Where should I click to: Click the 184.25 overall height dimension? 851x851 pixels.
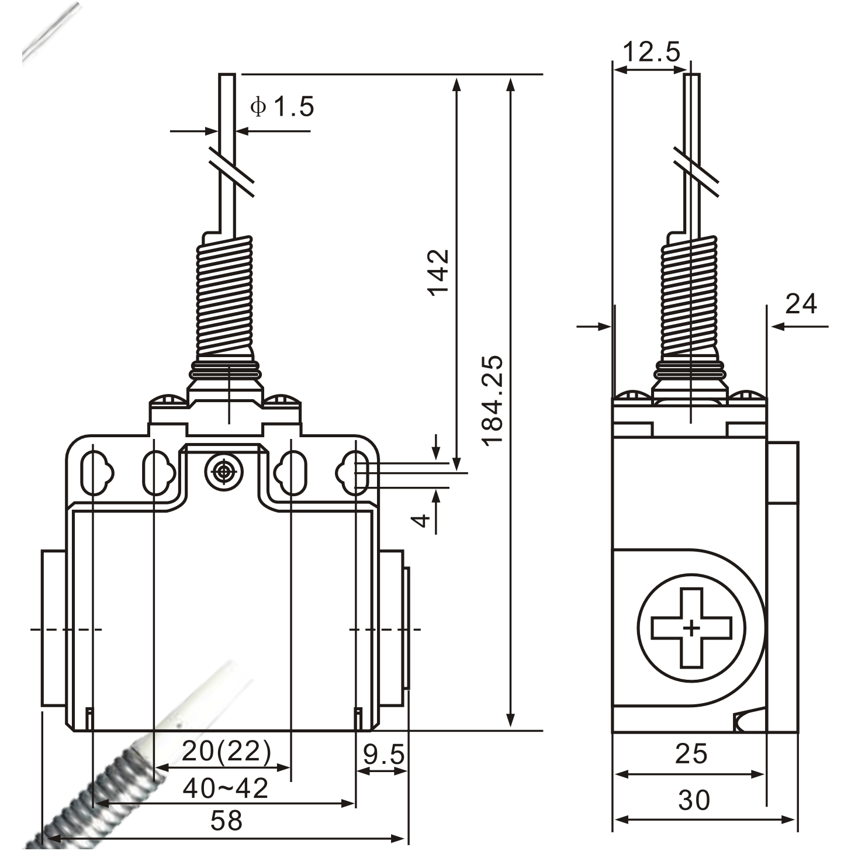(x=492, y=399)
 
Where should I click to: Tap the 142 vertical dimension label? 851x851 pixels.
(x=438, y=272)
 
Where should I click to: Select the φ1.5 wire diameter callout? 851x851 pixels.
(x=282, y=107)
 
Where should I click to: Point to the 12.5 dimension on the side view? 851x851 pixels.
(x=652, y=52)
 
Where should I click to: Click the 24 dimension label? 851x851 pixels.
(x=801, y=304)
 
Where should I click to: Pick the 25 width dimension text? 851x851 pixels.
(x=691, y=754)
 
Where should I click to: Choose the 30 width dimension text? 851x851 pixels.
(x=694, y=800)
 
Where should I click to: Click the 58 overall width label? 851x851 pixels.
(x=226, y=820)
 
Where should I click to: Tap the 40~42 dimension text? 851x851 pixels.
(x=226, y=788)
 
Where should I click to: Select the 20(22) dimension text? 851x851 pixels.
(x=226, y=752)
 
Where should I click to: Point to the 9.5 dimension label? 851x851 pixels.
(x=383, y=755)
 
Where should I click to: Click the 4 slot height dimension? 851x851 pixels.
(x=421, y=520)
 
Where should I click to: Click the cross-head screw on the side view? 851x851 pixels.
(x=691, y=628)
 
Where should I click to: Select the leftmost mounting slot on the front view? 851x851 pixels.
(x=94, y=472)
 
